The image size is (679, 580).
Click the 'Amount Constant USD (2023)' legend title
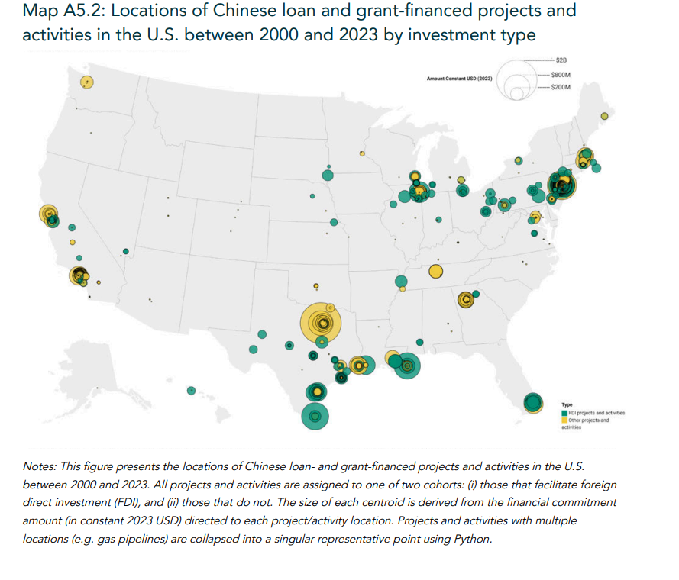[x=459, y=79]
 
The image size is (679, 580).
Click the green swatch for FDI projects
[x=564, y=413]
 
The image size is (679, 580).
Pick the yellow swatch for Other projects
[x=564, y=420]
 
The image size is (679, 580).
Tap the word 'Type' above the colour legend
[x=567, y=404]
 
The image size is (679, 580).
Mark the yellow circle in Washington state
[x=87, y=82]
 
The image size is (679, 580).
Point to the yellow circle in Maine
[x=604, y=116]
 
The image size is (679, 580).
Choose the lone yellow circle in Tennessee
[x=435, y=271]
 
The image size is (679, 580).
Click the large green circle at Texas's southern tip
[x=315, y=417]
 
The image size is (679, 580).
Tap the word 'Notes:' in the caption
[x=40, y=466]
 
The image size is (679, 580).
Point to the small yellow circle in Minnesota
[x=363, y=153]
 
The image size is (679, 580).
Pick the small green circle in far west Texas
[x=191, y=391]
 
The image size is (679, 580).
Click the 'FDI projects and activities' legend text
[x=597, y=413]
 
